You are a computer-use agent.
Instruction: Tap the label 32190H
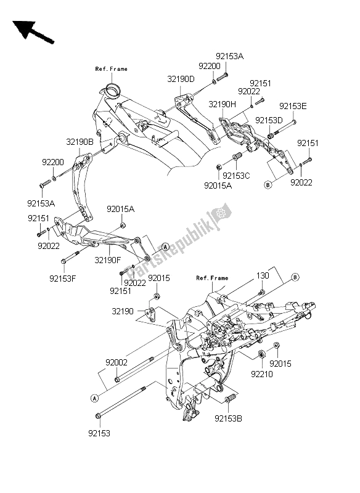(223, 105)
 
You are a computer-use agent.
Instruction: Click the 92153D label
(269, 120)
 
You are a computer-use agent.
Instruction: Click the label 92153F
(63, 277)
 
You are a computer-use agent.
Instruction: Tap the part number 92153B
(229, 418)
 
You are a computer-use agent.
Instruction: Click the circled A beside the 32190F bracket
(148, 246)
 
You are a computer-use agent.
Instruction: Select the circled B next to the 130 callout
(295, 278)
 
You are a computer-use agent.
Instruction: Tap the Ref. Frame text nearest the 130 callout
(211, 278)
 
